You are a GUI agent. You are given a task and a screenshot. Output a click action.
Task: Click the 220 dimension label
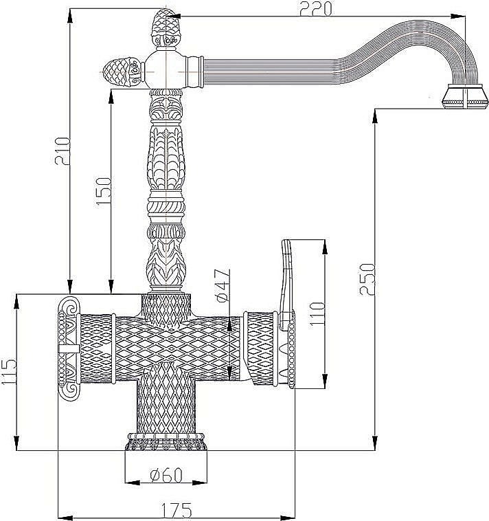click(x=314, y=9)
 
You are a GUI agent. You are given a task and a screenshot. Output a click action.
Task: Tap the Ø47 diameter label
click(x=220, y=287)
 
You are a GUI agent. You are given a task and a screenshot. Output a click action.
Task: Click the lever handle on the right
click(x=286, y=275)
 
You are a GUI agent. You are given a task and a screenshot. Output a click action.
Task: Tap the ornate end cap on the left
click(x=69, y=348)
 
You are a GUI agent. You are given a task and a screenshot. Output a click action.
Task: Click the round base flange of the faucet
click(x=165, y=444)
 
